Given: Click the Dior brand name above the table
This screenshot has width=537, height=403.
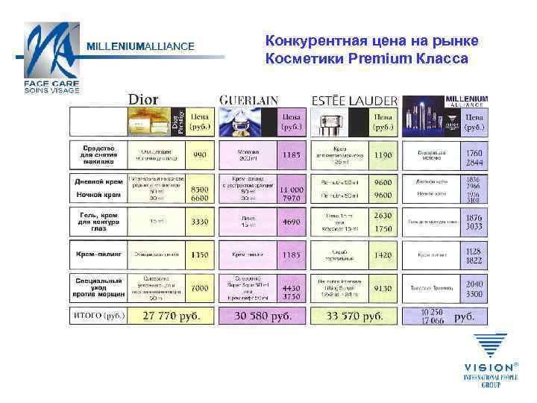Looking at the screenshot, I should tap(148, 99).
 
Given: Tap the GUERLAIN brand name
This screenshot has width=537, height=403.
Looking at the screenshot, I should tap(249, 100).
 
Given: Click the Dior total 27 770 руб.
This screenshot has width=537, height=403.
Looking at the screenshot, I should tap(172, 316).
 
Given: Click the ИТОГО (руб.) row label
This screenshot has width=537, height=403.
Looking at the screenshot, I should tap(98, 316).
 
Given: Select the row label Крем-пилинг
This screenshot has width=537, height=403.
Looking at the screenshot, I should tap(98, 254).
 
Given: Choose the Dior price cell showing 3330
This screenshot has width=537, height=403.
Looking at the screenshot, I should tap(200, 222).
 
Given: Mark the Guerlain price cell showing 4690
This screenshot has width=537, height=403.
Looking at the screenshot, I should tap(292, 222).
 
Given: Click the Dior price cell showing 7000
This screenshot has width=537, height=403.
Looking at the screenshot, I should tap(200, 287).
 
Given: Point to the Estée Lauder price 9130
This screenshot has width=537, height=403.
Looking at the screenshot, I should tap(383, 287).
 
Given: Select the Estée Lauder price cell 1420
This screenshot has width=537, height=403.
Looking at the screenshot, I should tap(383, 254).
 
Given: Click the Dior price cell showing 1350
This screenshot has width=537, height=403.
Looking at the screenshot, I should tap(200, 254).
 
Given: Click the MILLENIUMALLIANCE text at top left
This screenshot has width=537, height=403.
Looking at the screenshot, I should tap(141, 46).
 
